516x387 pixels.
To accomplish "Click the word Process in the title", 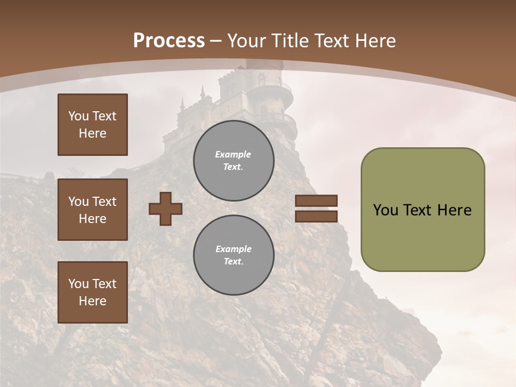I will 169,41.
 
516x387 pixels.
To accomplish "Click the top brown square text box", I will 92,125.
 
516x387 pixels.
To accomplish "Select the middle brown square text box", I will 92,210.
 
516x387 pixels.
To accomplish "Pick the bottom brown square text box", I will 92,292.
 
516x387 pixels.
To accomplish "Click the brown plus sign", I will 166,209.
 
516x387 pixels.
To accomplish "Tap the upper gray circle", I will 233,161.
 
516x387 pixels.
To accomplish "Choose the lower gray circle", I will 233,255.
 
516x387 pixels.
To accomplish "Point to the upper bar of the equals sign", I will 316,201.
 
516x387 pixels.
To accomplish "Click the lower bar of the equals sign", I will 316,216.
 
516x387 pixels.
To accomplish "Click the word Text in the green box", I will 418,210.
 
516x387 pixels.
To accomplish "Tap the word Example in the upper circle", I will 233,154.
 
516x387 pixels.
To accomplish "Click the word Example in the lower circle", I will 233,249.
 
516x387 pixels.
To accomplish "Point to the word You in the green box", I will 385,210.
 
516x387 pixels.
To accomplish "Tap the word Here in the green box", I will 454,210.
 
